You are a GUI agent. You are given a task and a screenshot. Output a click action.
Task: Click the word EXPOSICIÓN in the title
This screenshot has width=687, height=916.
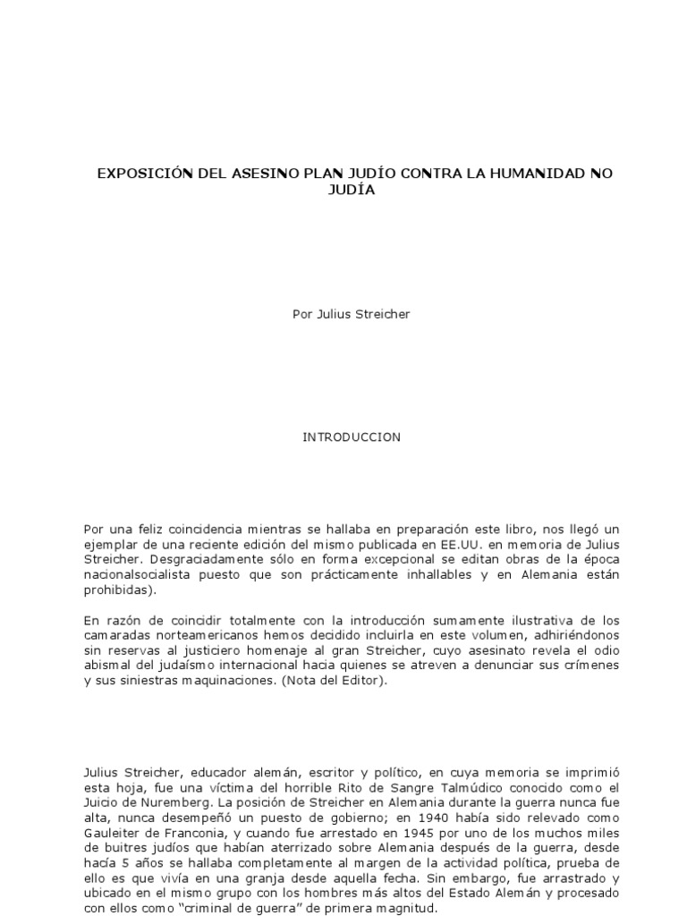145,173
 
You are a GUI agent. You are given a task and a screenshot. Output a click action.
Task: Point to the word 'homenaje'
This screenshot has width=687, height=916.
282,650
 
